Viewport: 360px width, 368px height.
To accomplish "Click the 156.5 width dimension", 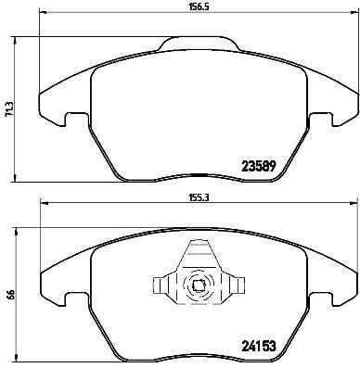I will (x=189, y=7).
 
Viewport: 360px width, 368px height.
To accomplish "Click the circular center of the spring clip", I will (x=197, y=286).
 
